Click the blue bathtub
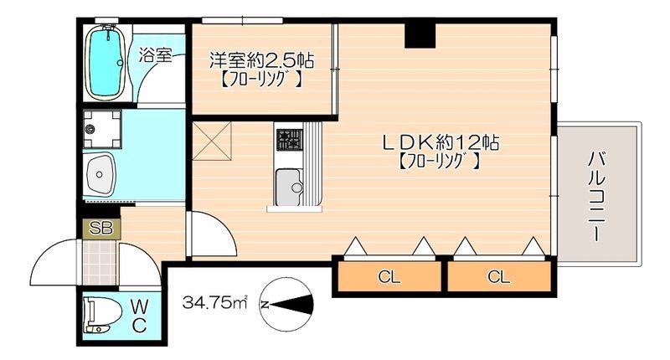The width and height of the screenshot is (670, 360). (106, 62)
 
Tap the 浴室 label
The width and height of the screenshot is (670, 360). (156, 55)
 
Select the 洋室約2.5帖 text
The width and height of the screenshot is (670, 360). (261, 60)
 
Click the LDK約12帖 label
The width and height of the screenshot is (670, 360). (441, 141)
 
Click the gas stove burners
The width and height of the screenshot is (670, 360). (289, 140)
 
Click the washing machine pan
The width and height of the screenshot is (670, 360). (101, 129)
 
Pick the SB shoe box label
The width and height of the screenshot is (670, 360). (100, 229)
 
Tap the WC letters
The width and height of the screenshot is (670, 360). (139, 316)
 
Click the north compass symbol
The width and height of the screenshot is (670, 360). (286, 305)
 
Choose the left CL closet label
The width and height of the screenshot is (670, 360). (389, 277)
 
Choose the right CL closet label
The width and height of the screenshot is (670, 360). (498, 277)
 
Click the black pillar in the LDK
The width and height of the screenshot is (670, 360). (420, 35)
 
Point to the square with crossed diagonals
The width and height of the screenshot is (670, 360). (212, 141)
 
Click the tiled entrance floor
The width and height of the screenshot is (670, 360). (100, 263)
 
